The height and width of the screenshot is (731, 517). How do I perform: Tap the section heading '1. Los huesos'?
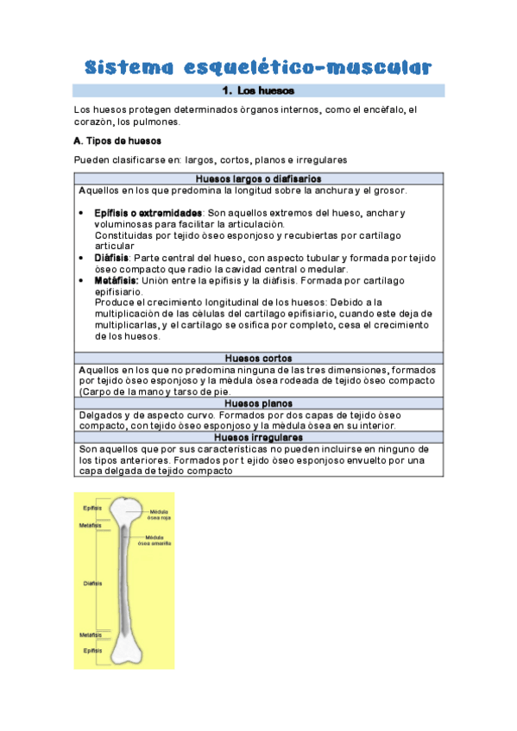pyautogui.click(x=258, y=91)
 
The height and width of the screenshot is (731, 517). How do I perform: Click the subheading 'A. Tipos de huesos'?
pyautogui.click(x=117, y=141)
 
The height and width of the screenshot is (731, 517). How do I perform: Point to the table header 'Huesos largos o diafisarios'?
pyautogui.click(x=258, y=178)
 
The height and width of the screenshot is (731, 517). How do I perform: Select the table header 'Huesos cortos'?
pyautogui.click(x=258, y=358)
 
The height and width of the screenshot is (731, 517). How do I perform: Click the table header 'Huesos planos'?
pyautogui.click(x=258, y=403)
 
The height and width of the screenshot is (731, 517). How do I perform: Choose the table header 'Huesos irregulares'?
pyautogui.click(x=258, y=437)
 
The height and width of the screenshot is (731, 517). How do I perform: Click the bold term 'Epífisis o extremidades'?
pyautogui.click(x=148, y=213)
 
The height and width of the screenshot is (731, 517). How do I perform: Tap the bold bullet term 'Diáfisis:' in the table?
pyautogui.click(x=111, y=258)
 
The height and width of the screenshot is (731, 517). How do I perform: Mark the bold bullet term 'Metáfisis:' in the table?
pyautogui.click(x=117, y=280)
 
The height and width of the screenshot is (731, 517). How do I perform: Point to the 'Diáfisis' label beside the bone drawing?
pyautogui.click(x=92, y=584)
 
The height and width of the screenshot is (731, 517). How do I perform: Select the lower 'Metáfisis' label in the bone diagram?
pyautogui.click(x=91, y=635)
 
